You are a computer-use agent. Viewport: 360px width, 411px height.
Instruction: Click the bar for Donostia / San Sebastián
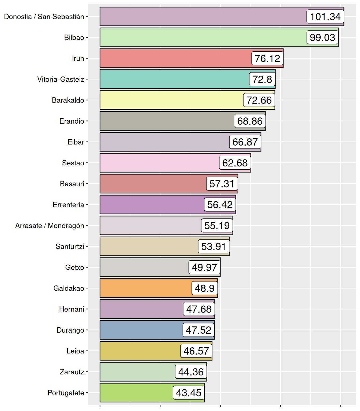click(201, 17)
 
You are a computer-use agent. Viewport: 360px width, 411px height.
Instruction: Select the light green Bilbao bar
click(201, 37)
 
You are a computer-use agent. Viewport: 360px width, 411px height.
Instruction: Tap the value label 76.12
click(267, 58)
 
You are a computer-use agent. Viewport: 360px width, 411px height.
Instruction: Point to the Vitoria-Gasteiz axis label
click(61, 79)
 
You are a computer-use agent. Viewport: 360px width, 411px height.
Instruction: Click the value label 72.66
click(259, 100)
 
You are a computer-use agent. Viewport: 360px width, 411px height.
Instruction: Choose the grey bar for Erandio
click(166, 121)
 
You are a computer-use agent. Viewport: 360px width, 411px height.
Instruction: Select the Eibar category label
click(76, 142)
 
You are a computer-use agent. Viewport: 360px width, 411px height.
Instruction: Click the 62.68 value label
click(235, 163)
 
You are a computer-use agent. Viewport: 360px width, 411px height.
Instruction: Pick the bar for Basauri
click(153, 184)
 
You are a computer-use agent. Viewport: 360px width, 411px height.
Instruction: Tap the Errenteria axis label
click(69, 205)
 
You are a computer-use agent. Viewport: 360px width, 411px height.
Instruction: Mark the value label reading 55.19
click(217, 226)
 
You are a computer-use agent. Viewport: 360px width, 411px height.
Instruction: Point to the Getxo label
click(75, 267)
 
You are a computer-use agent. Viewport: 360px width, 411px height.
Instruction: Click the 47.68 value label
click(199, 309)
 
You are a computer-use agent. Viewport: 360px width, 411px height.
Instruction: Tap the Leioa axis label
click(76, 351)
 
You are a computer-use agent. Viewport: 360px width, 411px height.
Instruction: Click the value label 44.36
click(191, 372)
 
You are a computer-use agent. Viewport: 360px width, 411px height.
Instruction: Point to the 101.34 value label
click(325, 17)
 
